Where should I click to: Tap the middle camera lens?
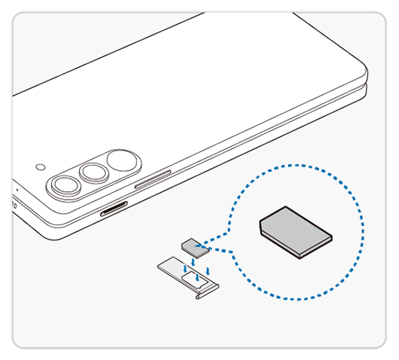point(95,173)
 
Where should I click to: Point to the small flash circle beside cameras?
point(40,166)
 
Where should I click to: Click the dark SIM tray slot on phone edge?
point(113,210)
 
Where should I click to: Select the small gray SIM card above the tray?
point(191,244)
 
